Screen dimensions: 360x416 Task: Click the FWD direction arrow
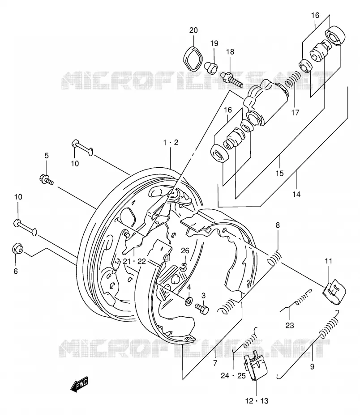point(79,385)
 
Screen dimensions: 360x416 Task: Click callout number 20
point(193,30)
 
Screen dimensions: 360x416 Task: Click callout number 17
point(295,112)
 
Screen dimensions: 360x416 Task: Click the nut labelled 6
point(17,248)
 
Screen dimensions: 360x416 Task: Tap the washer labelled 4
point(189,301)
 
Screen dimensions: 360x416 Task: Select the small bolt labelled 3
point(202,309)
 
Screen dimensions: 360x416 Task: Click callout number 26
point(185,250)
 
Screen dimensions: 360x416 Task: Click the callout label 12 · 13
point(257,401)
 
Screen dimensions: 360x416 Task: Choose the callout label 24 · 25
point(233,376)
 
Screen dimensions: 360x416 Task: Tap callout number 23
point(290,325)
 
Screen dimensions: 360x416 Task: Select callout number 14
point(296,194)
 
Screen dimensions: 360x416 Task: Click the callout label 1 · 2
point(171,143)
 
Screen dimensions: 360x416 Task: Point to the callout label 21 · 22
point(134,262)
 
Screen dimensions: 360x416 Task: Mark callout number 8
point(278,225)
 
